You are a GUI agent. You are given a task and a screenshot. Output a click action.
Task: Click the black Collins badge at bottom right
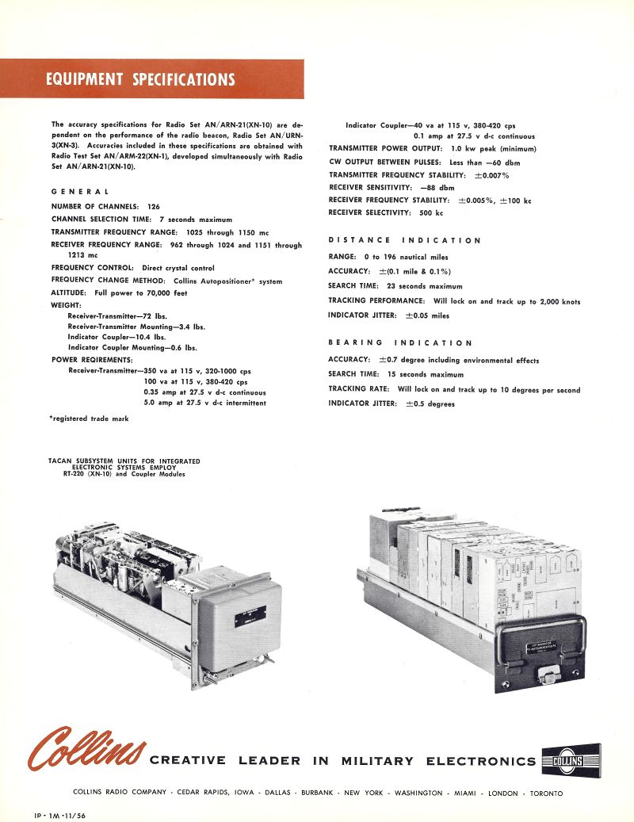coord(571,760)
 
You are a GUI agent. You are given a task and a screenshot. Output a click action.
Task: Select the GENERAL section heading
coord(80,192)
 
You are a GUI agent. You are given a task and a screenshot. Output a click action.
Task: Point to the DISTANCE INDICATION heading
coord(405,240)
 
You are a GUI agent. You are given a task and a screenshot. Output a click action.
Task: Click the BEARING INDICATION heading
coord(400,342)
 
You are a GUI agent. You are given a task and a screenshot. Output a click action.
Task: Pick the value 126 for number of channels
coord(154,206)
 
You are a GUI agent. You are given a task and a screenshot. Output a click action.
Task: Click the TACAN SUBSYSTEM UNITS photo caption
coord(124,468)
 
